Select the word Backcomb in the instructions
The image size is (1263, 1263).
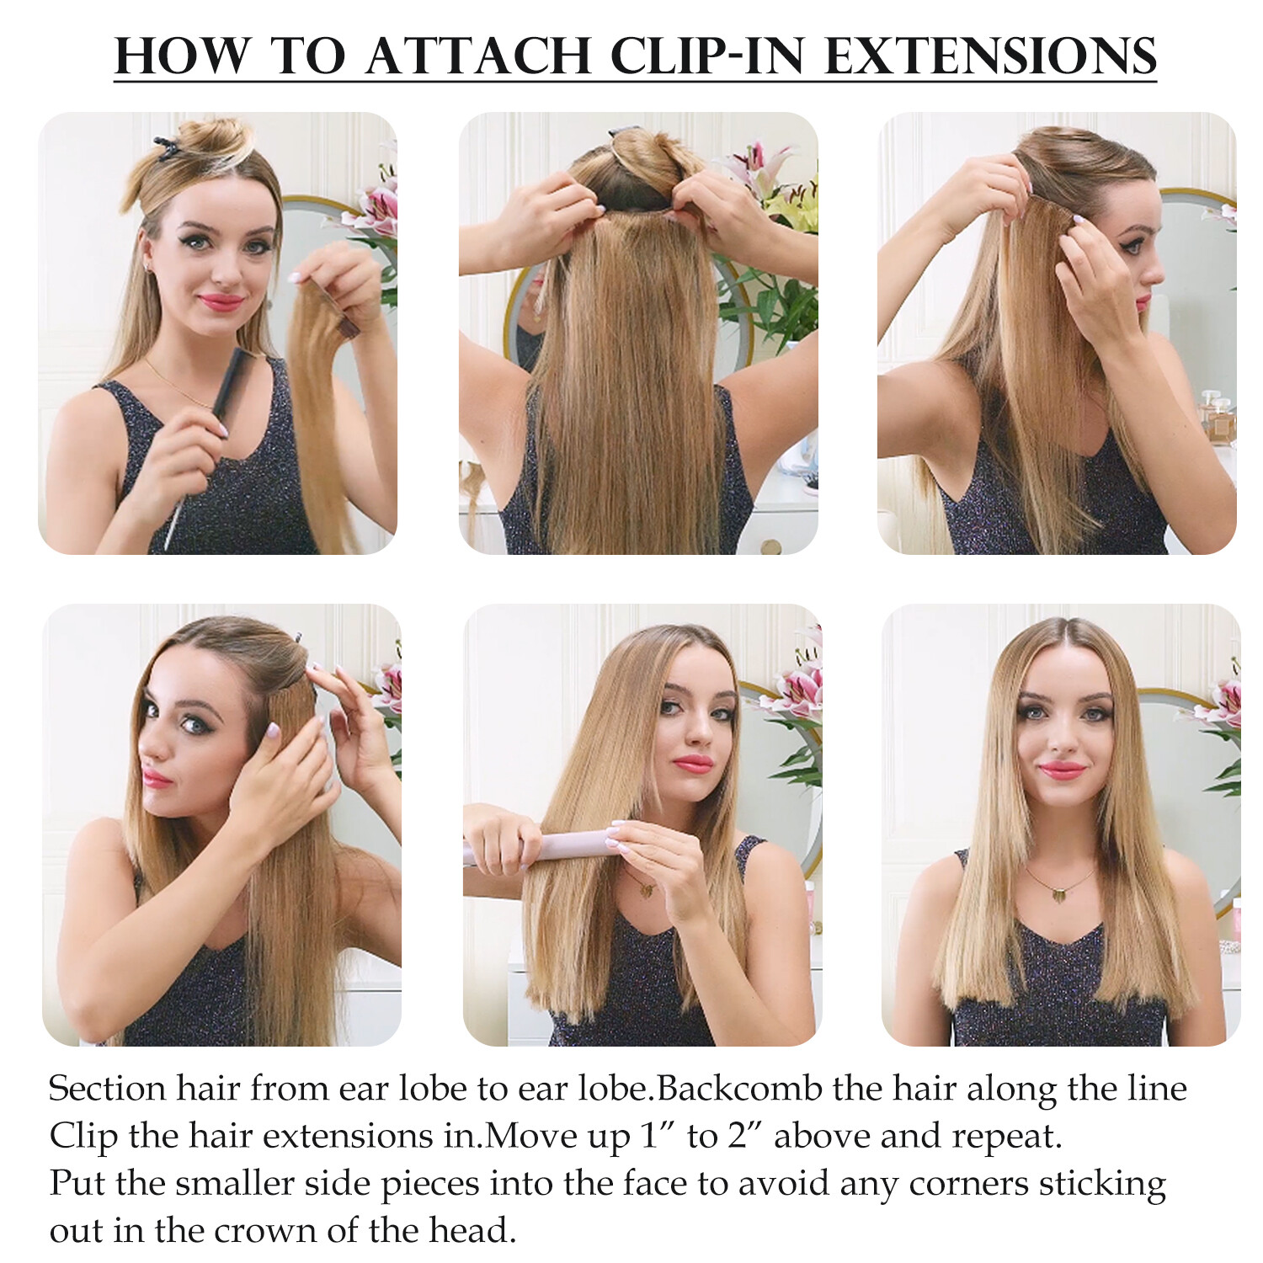[x=739, y=1089]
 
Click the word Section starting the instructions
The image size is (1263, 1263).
[x=107, y=1089]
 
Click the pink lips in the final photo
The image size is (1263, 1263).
[x=1062, y=770]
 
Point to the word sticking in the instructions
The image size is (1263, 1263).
[x=1102, y=1185]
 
